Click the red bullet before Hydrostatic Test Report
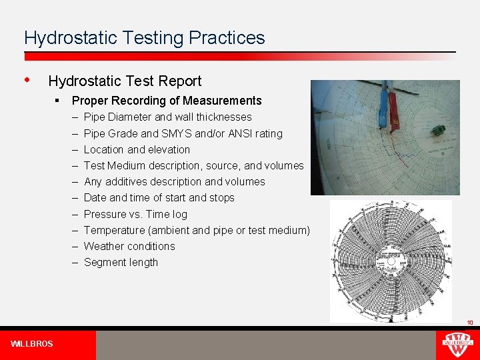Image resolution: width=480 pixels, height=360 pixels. [x=27, y=80]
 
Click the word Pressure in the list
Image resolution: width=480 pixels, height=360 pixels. [x=105, y=214]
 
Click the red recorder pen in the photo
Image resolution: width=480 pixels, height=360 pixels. [x=393, y=110]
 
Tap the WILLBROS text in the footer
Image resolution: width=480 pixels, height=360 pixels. [x=32, y=344]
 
